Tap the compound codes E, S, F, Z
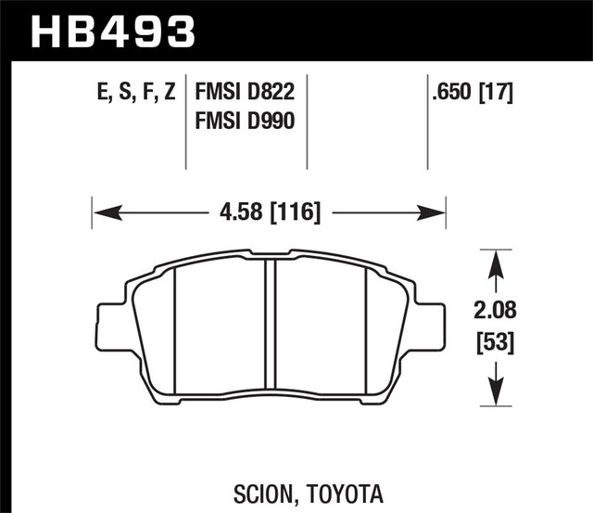[134, 93]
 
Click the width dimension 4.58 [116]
[270, 212]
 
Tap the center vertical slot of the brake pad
[271, 329]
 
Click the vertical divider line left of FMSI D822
[189, 121]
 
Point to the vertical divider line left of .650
[427, 121]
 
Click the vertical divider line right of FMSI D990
[308, 121]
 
